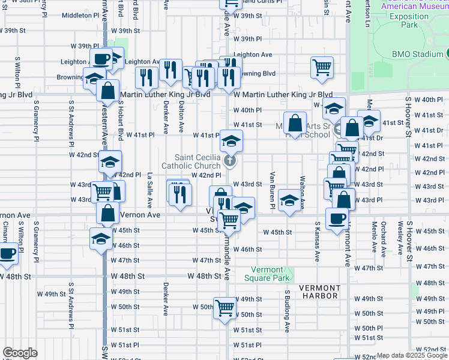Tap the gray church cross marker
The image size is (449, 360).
tap(229, 160)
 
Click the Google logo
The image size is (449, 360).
tap(20, 353)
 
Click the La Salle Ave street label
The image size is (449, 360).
tap(149, 187)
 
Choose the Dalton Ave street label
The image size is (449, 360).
tap(181, 116)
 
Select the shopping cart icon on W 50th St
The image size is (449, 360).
tap(224, 308)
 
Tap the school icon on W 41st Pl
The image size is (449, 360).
tap(228, 141)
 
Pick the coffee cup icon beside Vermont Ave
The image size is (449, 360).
tap(337, 218)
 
